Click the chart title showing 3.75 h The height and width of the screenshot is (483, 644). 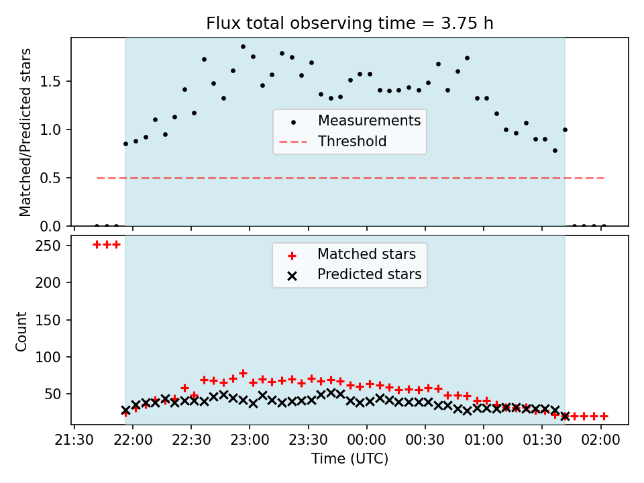point(350,23)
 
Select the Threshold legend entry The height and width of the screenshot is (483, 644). point(333,142)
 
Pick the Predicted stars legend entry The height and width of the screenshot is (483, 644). point(354,274)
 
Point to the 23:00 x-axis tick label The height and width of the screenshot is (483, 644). point(250,440)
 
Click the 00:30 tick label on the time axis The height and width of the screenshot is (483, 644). point(425,440)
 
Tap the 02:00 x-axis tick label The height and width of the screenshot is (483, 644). point(601,440)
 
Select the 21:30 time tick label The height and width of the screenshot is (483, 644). point(74,440)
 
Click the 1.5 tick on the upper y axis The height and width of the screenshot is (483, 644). point(50,81)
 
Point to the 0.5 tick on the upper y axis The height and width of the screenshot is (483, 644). point(50,178)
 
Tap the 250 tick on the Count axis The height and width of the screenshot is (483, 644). point(48,246)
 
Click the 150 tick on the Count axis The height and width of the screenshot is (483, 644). point(48,320)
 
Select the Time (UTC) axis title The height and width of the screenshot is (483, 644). point(350,458)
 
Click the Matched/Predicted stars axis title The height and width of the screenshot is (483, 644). point(25,132)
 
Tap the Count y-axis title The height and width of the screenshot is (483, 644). point(21,331)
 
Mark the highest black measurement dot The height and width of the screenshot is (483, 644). point(243,47)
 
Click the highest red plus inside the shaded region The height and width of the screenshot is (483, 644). point(243,374)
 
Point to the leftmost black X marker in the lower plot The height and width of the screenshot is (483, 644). point(125,411)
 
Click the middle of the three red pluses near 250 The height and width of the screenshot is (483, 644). point(107,245)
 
